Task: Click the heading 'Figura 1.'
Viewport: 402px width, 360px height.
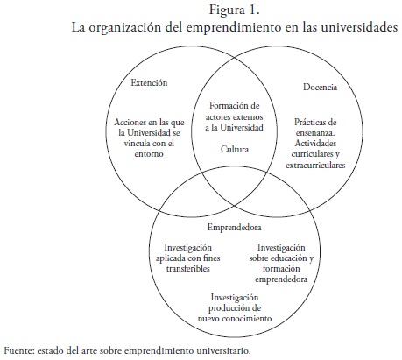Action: pyautogui.click(x=235, y=10)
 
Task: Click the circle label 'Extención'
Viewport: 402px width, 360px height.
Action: pyautogui.click(x=149, y=82)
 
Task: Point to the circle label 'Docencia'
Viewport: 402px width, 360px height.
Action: pyautogui.click(x=320, y=87)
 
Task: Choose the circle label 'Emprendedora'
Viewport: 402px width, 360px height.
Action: pyautogui.click(x=234, y=227)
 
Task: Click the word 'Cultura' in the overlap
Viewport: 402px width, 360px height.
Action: pyautogui.click(x=235, y=149)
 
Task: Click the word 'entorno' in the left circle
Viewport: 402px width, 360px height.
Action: pyautogui.click(x=149, y=153)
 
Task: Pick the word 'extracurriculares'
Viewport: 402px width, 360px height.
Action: pyautogui.click(x=315, y=165)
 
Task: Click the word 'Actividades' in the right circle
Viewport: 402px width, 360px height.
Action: pyautogui.click(x=315, y=143)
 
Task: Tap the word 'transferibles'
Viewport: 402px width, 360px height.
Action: pyautogui.click(x=188, y=268)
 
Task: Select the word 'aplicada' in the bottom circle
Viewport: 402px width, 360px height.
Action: pyautogui.click(x=171, y=258)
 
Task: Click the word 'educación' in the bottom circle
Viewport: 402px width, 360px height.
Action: pyautogui.click(x=285, y=258)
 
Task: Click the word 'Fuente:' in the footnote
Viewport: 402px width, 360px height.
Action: pyautogui.click(x=18, y=350)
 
